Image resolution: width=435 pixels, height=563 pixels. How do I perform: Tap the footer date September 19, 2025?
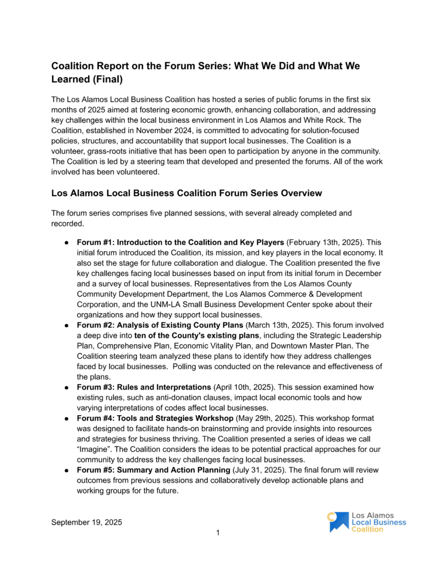(87, 522)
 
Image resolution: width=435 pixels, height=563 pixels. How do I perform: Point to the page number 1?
(218, 532)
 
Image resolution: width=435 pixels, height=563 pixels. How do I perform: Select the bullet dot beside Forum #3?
(66, 387)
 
